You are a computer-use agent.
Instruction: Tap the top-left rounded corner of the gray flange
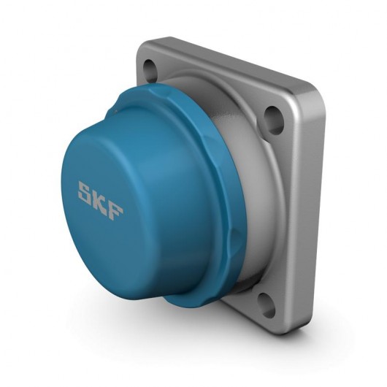pyautogui.click(x=142, y=50)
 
